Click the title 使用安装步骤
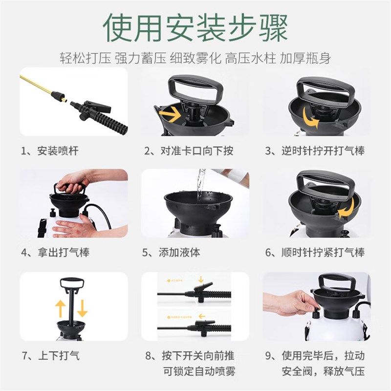[195, 28]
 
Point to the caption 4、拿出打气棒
[55, 253]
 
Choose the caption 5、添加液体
[171, 253]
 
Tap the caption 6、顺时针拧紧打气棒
[315, 253]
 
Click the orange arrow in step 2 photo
[169, 114]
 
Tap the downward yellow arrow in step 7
[82, 308]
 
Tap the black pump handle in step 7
[71, 283]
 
